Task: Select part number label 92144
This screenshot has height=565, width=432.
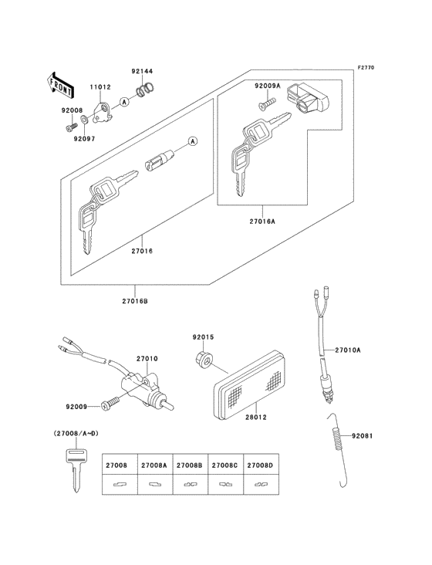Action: tap(142, 70)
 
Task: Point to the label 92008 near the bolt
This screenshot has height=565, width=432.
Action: tap(72, 110)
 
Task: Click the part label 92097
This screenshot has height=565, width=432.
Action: tap(85, 139)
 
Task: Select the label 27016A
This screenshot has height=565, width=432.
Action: tap(262, 221)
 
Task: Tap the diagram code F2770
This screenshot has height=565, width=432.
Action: tap(365, 69)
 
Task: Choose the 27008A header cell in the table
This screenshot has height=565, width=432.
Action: tap(154, 465)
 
